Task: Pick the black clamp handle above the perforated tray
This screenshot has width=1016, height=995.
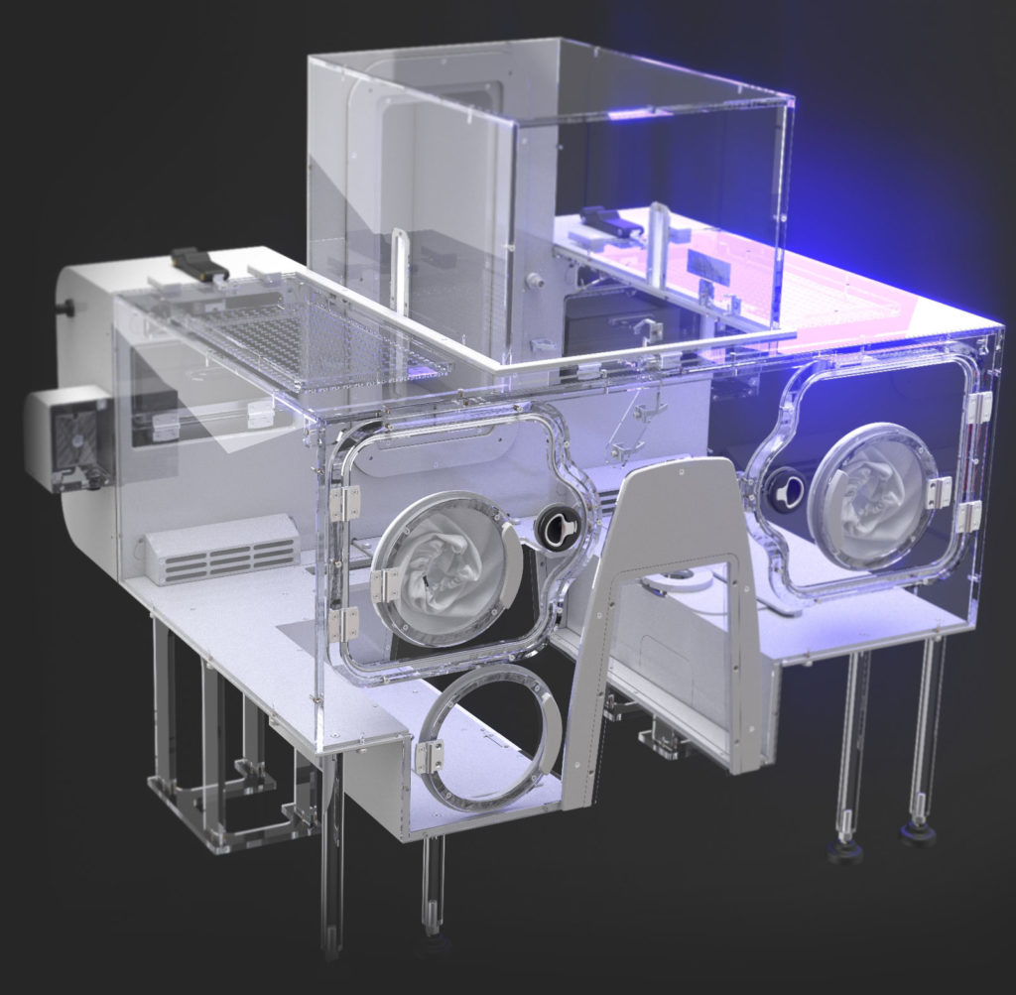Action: pyautogui.click(x=199, y=264)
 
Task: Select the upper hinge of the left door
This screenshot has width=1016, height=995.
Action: pyautogui.click(x=345, y=502)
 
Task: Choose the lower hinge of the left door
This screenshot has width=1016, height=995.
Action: pyautogui.click(x=343, y=623)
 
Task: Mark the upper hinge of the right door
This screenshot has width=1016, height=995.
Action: pyautogui.click(x=980, y=407)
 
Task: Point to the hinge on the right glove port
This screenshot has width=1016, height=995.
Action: pyautogui.click(x=937, y=492)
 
